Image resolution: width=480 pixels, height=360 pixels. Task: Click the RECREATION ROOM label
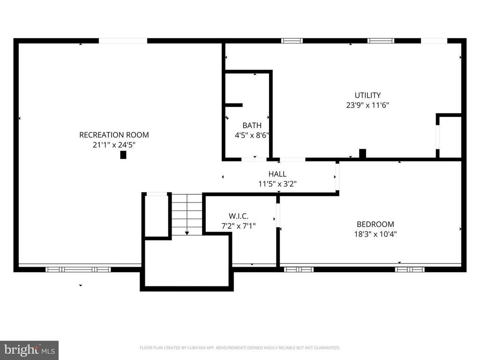pos(114,135)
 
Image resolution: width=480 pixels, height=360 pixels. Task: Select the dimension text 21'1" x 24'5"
pos(114,145)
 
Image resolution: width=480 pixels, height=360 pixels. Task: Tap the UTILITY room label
pos(367,95)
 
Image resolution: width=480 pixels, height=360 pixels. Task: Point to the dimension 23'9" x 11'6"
pos(367,105)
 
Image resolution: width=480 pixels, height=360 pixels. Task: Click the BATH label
pos(252,126)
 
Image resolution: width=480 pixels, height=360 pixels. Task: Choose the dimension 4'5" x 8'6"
pos(252,135)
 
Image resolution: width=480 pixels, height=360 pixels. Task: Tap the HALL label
pos(277,174)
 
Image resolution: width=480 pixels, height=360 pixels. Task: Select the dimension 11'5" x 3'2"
pos(277,184)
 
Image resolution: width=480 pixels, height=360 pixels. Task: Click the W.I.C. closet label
pos(239,216)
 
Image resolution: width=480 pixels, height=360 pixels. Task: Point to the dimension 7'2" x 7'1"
pos(239,226)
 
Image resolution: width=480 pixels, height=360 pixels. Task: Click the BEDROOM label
pos(375,224)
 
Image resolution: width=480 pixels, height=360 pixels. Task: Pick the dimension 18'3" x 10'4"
pos(375,234)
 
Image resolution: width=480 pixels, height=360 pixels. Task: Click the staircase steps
pos(187,215)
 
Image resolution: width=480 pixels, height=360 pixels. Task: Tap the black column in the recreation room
pos(123,155)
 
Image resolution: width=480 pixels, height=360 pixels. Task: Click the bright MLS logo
pos(29,350)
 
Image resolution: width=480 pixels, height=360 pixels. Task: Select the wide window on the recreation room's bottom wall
pos(78,270)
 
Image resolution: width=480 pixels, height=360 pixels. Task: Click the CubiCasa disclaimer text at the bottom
pos(240,348)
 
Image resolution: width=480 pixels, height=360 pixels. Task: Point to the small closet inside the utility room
pos(450,136)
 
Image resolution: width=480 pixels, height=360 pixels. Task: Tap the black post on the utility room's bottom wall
pos(362,153)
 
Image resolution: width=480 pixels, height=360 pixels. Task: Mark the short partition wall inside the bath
pos(233,105)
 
